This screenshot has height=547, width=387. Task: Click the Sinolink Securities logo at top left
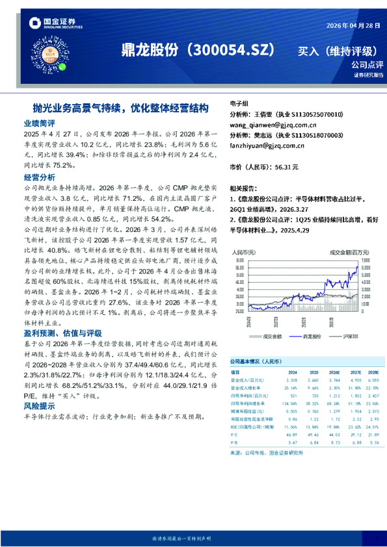point(51,25)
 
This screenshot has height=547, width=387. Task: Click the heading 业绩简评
point(39,122)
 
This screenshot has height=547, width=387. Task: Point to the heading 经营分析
point(39,177)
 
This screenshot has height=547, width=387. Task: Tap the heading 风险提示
point(39,405)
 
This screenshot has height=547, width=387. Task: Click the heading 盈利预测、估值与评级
point(61,332)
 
